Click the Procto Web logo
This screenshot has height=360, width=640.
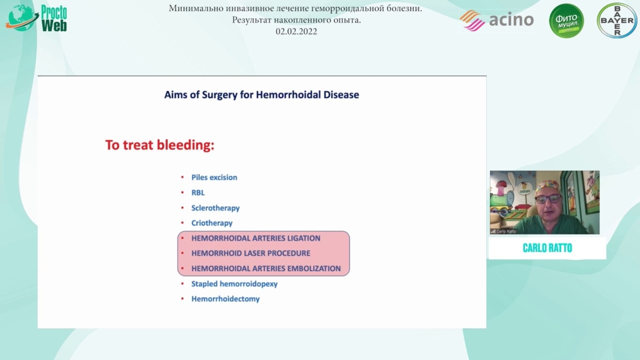[36, 18]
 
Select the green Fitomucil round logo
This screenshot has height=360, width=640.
[566, 21]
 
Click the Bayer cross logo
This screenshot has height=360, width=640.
[617, 21]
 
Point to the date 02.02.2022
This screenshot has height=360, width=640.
[296, 31]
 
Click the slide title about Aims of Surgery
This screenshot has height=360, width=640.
[262, 95]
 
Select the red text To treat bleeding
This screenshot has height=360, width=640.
[159, 145]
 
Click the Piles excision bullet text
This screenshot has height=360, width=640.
[214, 177]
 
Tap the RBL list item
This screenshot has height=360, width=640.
[198, 192]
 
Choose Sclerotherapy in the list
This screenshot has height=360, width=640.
[216, 208]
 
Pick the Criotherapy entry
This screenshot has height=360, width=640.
[212, 223]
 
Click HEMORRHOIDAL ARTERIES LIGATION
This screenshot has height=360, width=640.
[256, 238]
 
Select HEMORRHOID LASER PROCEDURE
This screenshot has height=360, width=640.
[251, 254]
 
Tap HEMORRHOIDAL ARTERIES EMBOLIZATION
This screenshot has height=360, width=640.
[266, 269]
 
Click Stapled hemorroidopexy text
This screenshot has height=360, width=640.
[234, 284]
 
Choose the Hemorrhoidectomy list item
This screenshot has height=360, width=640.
[225, 299]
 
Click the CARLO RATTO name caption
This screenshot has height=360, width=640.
[547, 248]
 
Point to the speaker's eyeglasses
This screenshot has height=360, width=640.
[547, 199]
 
